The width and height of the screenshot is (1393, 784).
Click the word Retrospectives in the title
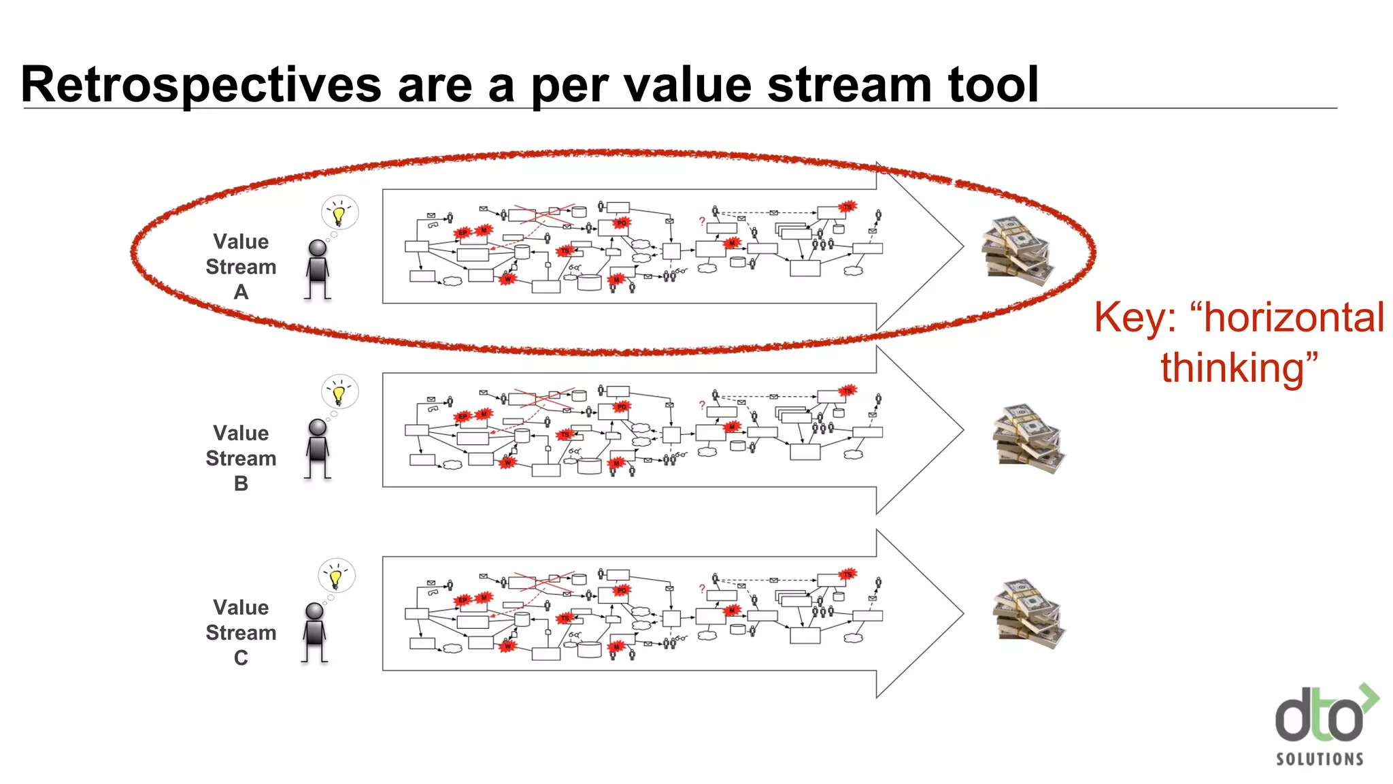[201, 85]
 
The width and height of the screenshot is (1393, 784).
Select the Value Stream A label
[241, 266]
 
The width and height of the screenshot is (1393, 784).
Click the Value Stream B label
[241, 457]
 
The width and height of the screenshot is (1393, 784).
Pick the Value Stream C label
[241, 632]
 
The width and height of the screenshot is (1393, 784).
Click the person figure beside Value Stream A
[317, 269]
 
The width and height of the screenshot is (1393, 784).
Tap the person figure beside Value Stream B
[317, 448]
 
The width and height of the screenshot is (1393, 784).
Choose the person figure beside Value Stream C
[314, 632]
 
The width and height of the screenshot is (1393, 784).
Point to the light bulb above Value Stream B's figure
[339, 393]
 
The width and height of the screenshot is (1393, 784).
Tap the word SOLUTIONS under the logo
[1320, 759]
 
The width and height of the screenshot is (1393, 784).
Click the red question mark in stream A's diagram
[702, 221]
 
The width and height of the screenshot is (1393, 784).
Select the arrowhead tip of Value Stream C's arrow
[962, 614]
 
